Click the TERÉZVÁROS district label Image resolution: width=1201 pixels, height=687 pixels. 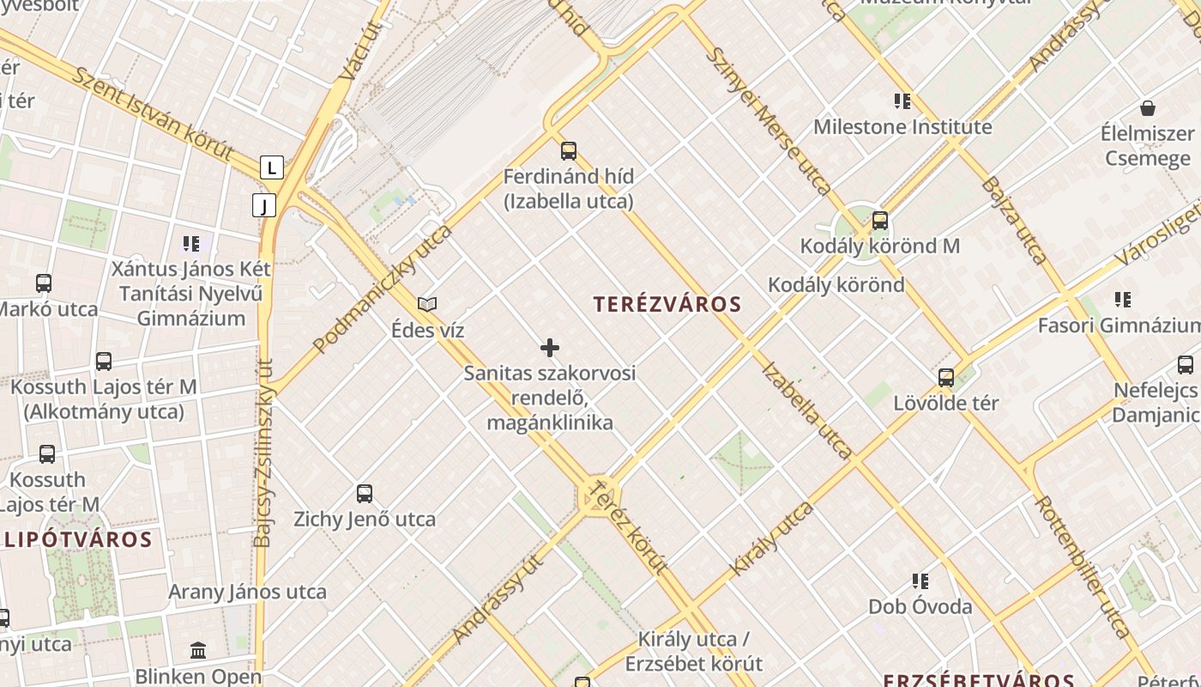pos(667,304)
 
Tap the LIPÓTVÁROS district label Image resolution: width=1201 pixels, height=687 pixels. pos(79,540)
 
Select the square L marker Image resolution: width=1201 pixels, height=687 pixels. pos(272,167)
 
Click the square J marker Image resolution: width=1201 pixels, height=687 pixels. pos(264,205)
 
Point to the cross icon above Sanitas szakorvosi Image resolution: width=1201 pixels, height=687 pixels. pos(550,348)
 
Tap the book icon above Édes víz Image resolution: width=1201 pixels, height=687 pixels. pos(427,304)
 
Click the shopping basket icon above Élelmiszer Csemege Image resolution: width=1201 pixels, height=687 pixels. pos(1148,108)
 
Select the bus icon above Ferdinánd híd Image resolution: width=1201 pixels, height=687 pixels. pos(568,151)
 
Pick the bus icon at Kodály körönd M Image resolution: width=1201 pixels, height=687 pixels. pos(879,221)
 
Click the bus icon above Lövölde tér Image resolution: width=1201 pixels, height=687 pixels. pos(946,378)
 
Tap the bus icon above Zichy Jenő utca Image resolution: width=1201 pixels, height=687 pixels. pos(365,494)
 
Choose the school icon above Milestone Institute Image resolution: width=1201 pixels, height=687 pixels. pos(902,101)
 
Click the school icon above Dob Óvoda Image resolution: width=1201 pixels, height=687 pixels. pos(920,581)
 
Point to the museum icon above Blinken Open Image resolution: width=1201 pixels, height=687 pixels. pos(198,650)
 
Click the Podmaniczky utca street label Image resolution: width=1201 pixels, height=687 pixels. pos(383,289)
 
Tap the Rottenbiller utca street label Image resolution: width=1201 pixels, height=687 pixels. pos(1083,567)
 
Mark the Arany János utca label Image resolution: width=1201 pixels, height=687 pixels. pos(247,592)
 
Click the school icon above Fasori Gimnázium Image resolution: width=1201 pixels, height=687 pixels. pos(1123,300)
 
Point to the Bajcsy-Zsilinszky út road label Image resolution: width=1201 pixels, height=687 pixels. pos(263,453)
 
